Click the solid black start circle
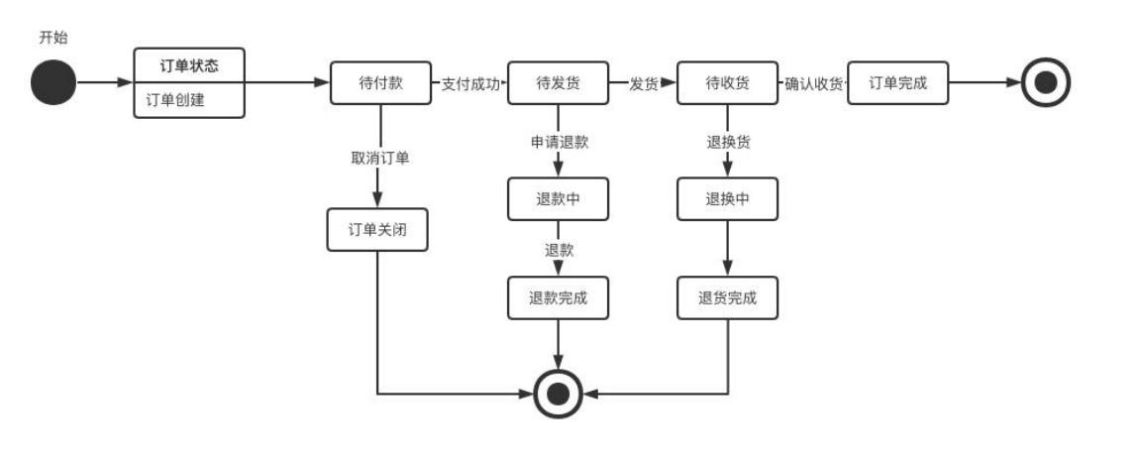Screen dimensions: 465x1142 click(52, 83)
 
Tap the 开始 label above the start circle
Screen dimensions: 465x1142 click(53, 38)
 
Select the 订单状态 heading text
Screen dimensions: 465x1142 click(189, 66)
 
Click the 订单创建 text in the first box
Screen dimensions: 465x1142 click(175, 99)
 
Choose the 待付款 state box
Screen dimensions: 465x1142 click(380, 83)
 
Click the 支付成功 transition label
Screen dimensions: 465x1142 click(470, 84)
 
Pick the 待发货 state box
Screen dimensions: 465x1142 click(558, 83)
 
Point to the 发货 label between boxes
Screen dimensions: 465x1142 click(644, 84)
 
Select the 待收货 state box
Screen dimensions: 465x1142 click(727, 83)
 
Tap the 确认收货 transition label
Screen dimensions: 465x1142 click(813, 84)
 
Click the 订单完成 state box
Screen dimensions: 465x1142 click(898, 83)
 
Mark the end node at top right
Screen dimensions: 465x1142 click(1045, 83)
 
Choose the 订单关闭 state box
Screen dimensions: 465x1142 click(377, 230)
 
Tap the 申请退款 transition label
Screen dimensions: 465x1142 click(559, 142)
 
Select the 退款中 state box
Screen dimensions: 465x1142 click(558, 199)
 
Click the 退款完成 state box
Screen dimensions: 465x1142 click(558, 298)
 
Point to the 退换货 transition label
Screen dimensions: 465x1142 click(728, 142)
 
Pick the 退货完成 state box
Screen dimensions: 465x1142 click(727, 298)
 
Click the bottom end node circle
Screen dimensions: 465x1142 click(559, 394)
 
